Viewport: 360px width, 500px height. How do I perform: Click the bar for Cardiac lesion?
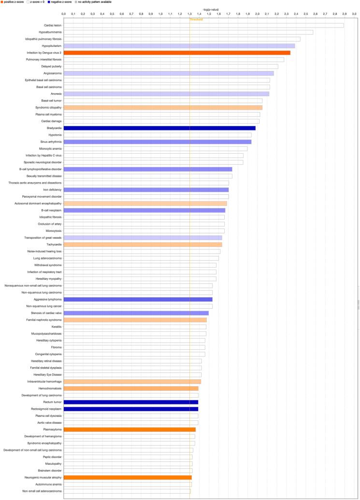pos(203,25)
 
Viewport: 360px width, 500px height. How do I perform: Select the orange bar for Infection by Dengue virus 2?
pos(177,53)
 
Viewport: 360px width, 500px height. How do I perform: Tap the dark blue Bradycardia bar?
pos(159,128)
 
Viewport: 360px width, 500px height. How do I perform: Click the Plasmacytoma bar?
pos(130,429)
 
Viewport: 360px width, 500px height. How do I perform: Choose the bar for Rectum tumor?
pos(131,402)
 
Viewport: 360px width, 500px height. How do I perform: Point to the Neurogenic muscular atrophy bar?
pos(128,477)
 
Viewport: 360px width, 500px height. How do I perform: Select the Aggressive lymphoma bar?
pos(138,300)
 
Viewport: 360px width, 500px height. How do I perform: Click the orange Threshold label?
pos(196,19)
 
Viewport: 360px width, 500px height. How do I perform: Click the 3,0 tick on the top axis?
pos(354,14)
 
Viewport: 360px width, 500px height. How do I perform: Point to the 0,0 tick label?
pos(63,14)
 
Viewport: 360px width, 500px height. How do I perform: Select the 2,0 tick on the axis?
pos(257,14)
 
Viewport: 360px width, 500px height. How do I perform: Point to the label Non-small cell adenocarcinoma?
pos(42,491)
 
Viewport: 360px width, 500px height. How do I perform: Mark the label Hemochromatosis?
pos(50,388)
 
